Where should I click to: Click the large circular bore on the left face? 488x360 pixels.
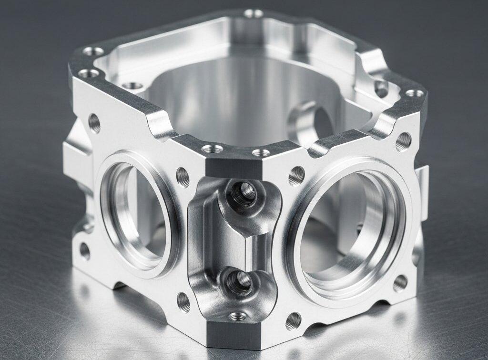tap(136, 214)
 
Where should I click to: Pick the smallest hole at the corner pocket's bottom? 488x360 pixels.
tap(237, 316)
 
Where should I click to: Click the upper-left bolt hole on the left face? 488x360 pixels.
tap(94, 123)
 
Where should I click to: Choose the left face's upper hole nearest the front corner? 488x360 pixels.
tap(183, 177)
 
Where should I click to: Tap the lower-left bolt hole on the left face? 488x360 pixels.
tap(84, 250)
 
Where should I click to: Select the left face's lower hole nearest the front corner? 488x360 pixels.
tap(183, 301)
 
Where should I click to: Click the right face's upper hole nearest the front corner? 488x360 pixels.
tap(296, 176)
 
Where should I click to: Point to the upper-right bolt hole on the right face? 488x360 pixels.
tap(403, 140)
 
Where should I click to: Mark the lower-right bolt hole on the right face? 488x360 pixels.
tap(400, 283)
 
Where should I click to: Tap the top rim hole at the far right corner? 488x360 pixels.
tap(414, 93)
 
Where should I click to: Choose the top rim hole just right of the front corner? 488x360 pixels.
tap(260, 153)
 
